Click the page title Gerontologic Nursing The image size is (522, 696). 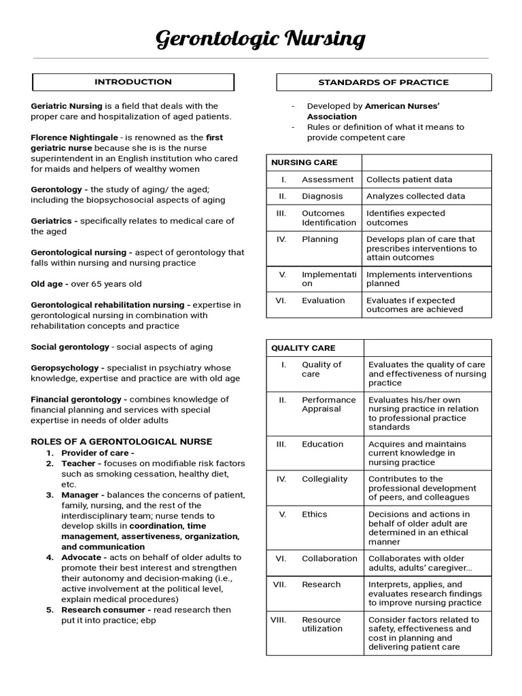(x=261, y=39)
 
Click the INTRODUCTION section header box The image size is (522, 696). (x=133, y=82)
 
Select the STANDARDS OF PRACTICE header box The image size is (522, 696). (x=383, y=82)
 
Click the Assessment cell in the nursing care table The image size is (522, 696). (x=328, y=179)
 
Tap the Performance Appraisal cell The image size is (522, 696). (x=328, y=404)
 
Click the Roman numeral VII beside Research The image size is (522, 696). (x=279, y=585)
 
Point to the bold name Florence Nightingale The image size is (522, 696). (x=74, y=137)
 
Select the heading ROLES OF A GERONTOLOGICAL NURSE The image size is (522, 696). (x=122, y=442)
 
